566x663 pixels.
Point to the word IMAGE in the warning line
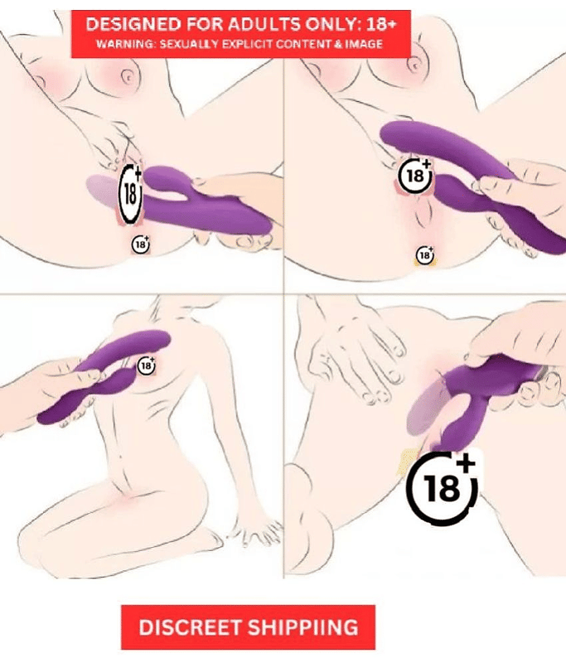click(362, 43)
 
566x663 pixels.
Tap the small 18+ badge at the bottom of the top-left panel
click(141, 244)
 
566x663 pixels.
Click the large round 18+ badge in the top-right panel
click(416, 175)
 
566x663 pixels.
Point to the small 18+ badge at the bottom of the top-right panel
click(424, 254)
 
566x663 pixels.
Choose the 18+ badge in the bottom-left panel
click(147, 364)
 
